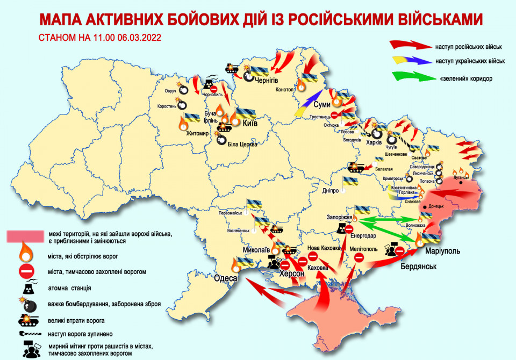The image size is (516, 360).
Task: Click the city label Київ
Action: tap(250, 124)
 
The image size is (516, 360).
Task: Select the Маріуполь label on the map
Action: tap(442, 251)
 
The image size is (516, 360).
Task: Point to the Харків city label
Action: tap(372, 143)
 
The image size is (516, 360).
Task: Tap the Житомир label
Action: tap(196, 134)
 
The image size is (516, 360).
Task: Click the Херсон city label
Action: tap(291, 274)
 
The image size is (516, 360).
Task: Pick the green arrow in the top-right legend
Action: tap(414, 78)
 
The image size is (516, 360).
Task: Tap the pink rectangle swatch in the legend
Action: tap(25, 235)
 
